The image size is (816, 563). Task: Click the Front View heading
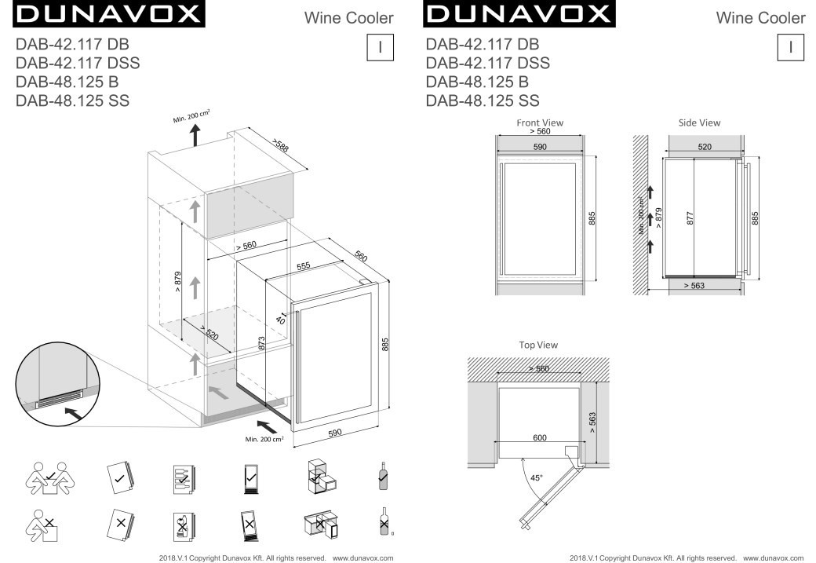coord(540,123)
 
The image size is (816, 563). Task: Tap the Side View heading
coord(699,123)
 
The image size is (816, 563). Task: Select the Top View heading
coord(538,345)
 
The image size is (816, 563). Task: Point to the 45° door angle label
coord(536,477)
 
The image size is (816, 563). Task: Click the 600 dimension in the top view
coord(540,437)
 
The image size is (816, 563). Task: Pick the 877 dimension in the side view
coord(690,218)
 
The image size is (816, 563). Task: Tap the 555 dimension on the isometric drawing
coord(304,266)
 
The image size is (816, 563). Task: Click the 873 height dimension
coord(261,342)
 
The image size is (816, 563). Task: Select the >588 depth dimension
coord(280,145)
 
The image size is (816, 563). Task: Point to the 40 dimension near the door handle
coord(280,320)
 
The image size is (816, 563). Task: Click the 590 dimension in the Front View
coord(540,147)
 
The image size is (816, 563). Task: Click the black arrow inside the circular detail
coord(74,414)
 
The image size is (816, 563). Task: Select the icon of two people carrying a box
coord(49,479)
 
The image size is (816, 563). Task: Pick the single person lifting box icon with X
coord(42,525)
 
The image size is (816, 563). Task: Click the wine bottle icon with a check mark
coord(383,476)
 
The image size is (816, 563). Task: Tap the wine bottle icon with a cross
coord(384,521)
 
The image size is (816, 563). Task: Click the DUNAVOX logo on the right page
coord(519,14)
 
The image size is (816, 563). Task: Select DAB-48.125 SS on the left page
coord(72,101)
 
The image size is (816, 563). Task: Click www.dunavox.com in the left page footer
coord(362,558)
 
